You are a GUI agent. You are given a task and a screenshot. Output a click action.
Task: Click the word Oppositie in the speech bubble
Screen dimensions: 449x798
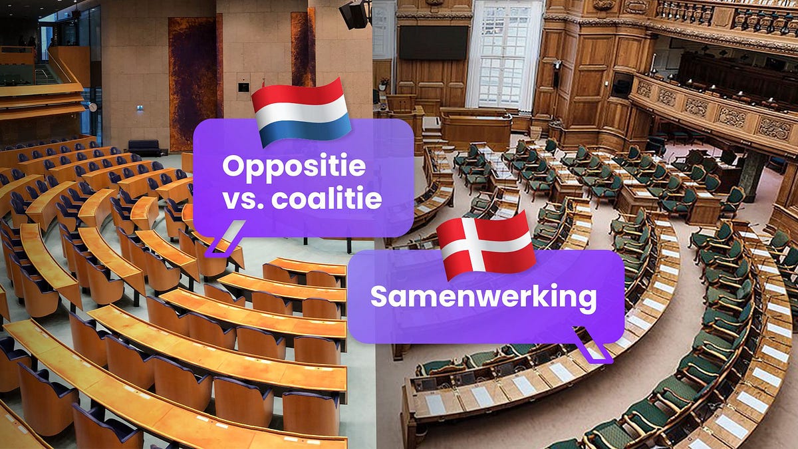point(294,166)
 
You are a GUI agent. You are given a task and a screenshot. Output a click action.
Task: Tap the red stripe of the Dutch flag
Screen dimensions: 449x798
point(299,93)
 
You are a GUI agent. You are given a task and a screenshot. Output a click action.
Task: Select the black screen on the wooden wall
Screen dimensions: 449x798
point(432,43)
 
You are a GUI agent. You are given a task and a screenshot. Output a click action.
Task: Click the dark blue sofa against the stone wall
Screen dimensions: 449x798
point(143,147)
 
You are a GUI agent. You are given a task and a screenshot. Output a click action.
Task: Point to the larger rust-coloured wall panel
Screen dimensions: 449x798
point(192,83)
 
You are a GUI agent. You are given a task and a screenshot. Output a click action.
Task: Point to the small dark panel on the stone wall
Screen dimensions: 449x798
point(244,87)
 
